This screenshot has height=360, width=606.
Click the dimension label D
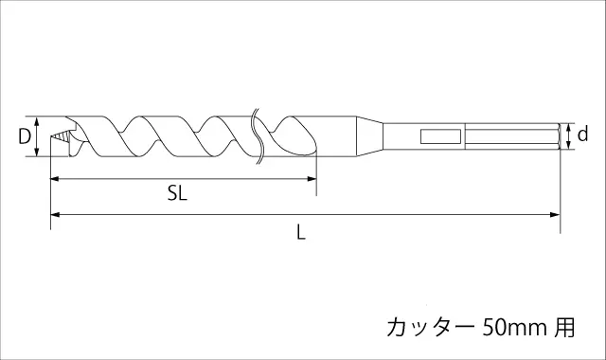click(25, 136)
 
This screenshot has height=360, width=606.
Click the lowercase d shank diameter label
click(582, 134)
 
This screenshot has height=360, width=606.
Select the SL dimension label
click(177, 192)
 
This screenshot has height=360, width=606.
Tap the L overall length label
click(301, 232)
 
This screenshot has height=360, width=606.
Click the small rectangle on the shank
click(440, 136)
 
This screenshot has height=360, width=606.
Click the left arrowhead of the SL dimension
click(55, 179)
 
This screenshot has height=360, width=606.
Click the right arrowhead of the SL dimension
click(312, 179)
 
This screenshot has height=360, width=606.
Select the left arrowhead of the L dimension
click(55, 215)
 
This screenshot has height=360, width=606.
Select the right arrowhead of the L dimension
click(556, 215)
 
